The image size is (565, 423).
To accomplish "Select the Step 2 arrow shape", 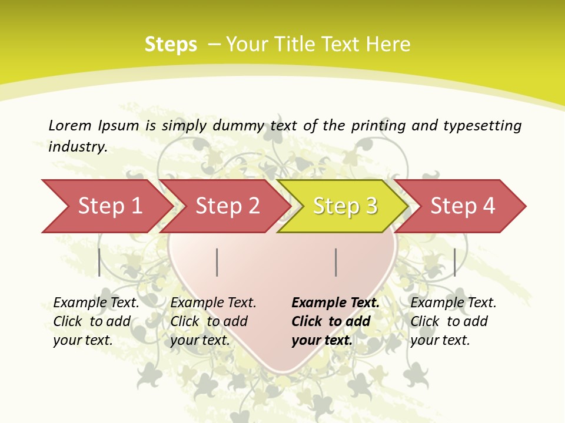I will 227,206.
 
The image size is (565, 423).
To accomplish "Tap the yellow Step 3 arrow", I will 345,206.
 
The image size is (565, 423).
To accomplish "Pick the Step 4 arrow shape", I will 463,206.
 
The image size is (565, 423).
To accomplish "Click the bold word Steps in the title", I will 171,45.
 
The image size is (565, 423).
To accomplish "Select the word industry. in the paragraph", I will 78,147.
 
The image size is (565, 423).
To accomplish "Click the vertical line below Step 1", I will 99,262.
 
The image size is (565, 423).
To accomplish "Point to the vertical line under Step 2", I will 217,262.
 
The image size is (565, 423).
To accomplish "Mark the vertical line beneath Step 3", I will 335,262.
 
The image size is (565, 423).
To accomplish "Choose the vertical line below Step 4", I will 454,262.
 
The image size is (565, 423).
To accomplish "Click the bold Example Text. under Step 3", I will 335,303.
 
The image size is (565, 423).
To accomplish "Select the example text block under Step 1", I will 96,321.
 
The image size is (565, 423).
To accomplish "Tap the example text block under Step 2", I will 213,321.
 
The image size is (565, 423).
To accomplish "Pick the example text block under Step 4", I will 453,321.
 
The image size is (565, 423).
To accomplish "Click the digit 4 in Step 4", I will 488,206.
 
